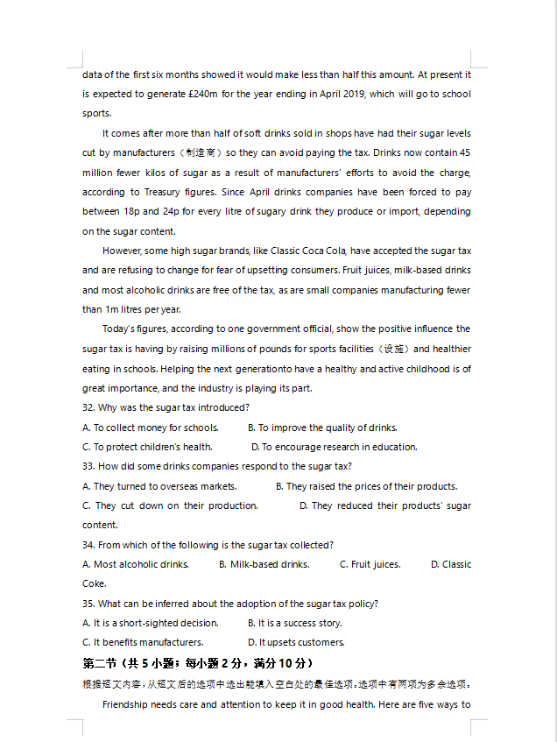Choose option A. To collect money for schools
pos(150,428)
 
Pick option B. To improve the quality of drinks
pos(321,428)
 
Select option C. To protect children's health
pos(147,447)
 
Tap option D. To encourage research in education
pos(334,447)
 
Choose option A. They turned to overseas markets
pos(159,486)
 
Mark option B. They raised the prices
pos(366,486)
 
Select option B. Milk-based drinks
pos(264,564)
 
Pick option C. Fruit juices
pos(370,564)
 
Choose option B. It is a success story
pos(294,623)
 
